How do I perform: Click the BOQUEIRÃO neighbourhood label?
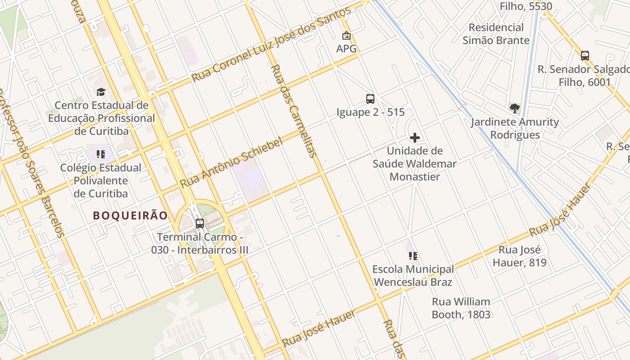[130, 216]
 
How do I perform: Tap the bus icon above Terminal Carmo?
[199, 223]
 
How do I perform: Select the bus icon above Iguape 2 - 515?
[370, 99]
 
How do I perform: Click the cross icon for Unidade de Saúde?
[415, 138]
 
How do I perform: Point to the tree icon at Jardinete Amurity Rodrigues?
[514, 108]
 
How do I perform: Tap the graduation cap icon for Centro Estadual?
[101, 92]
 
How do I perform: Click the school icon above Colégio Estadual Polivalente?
[101, 155]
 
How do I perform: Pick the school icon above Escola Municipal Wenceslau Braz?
[413, 256]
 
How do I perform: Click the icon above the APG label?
[346, 36]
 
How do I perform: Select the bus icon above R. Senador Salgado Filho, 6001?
[585, 56]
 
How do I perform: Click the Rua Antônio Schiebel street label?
[231, 162]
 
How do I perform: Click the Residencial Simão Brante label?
[496, 34]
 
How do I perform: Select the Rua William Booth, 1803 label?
[461, 308]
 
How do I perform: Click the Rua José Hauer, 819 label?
[519, 256]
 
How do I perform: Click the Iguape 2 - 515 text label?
[370, 112]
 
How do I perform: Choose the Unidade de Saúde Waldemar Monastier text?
[414, 164]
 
